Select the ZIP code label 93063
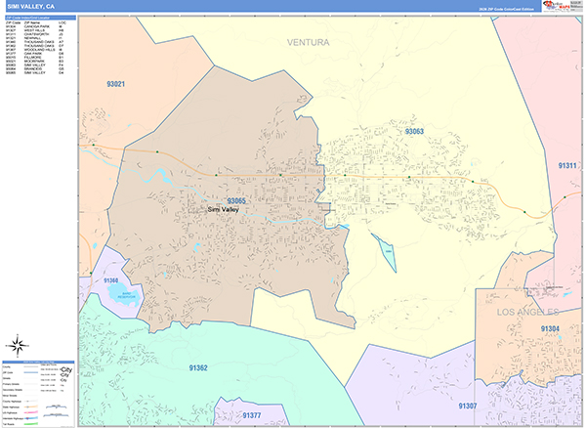click(414, 130)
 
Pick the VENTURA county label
click(309, 43)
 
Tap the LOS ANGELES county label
click(528, 311)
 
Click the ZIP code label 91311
click(568, 166)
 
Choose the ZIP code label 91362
click(197, 367)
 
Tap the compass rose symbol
click(17, 344)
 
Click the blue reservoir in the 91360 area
click(123, 294)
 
